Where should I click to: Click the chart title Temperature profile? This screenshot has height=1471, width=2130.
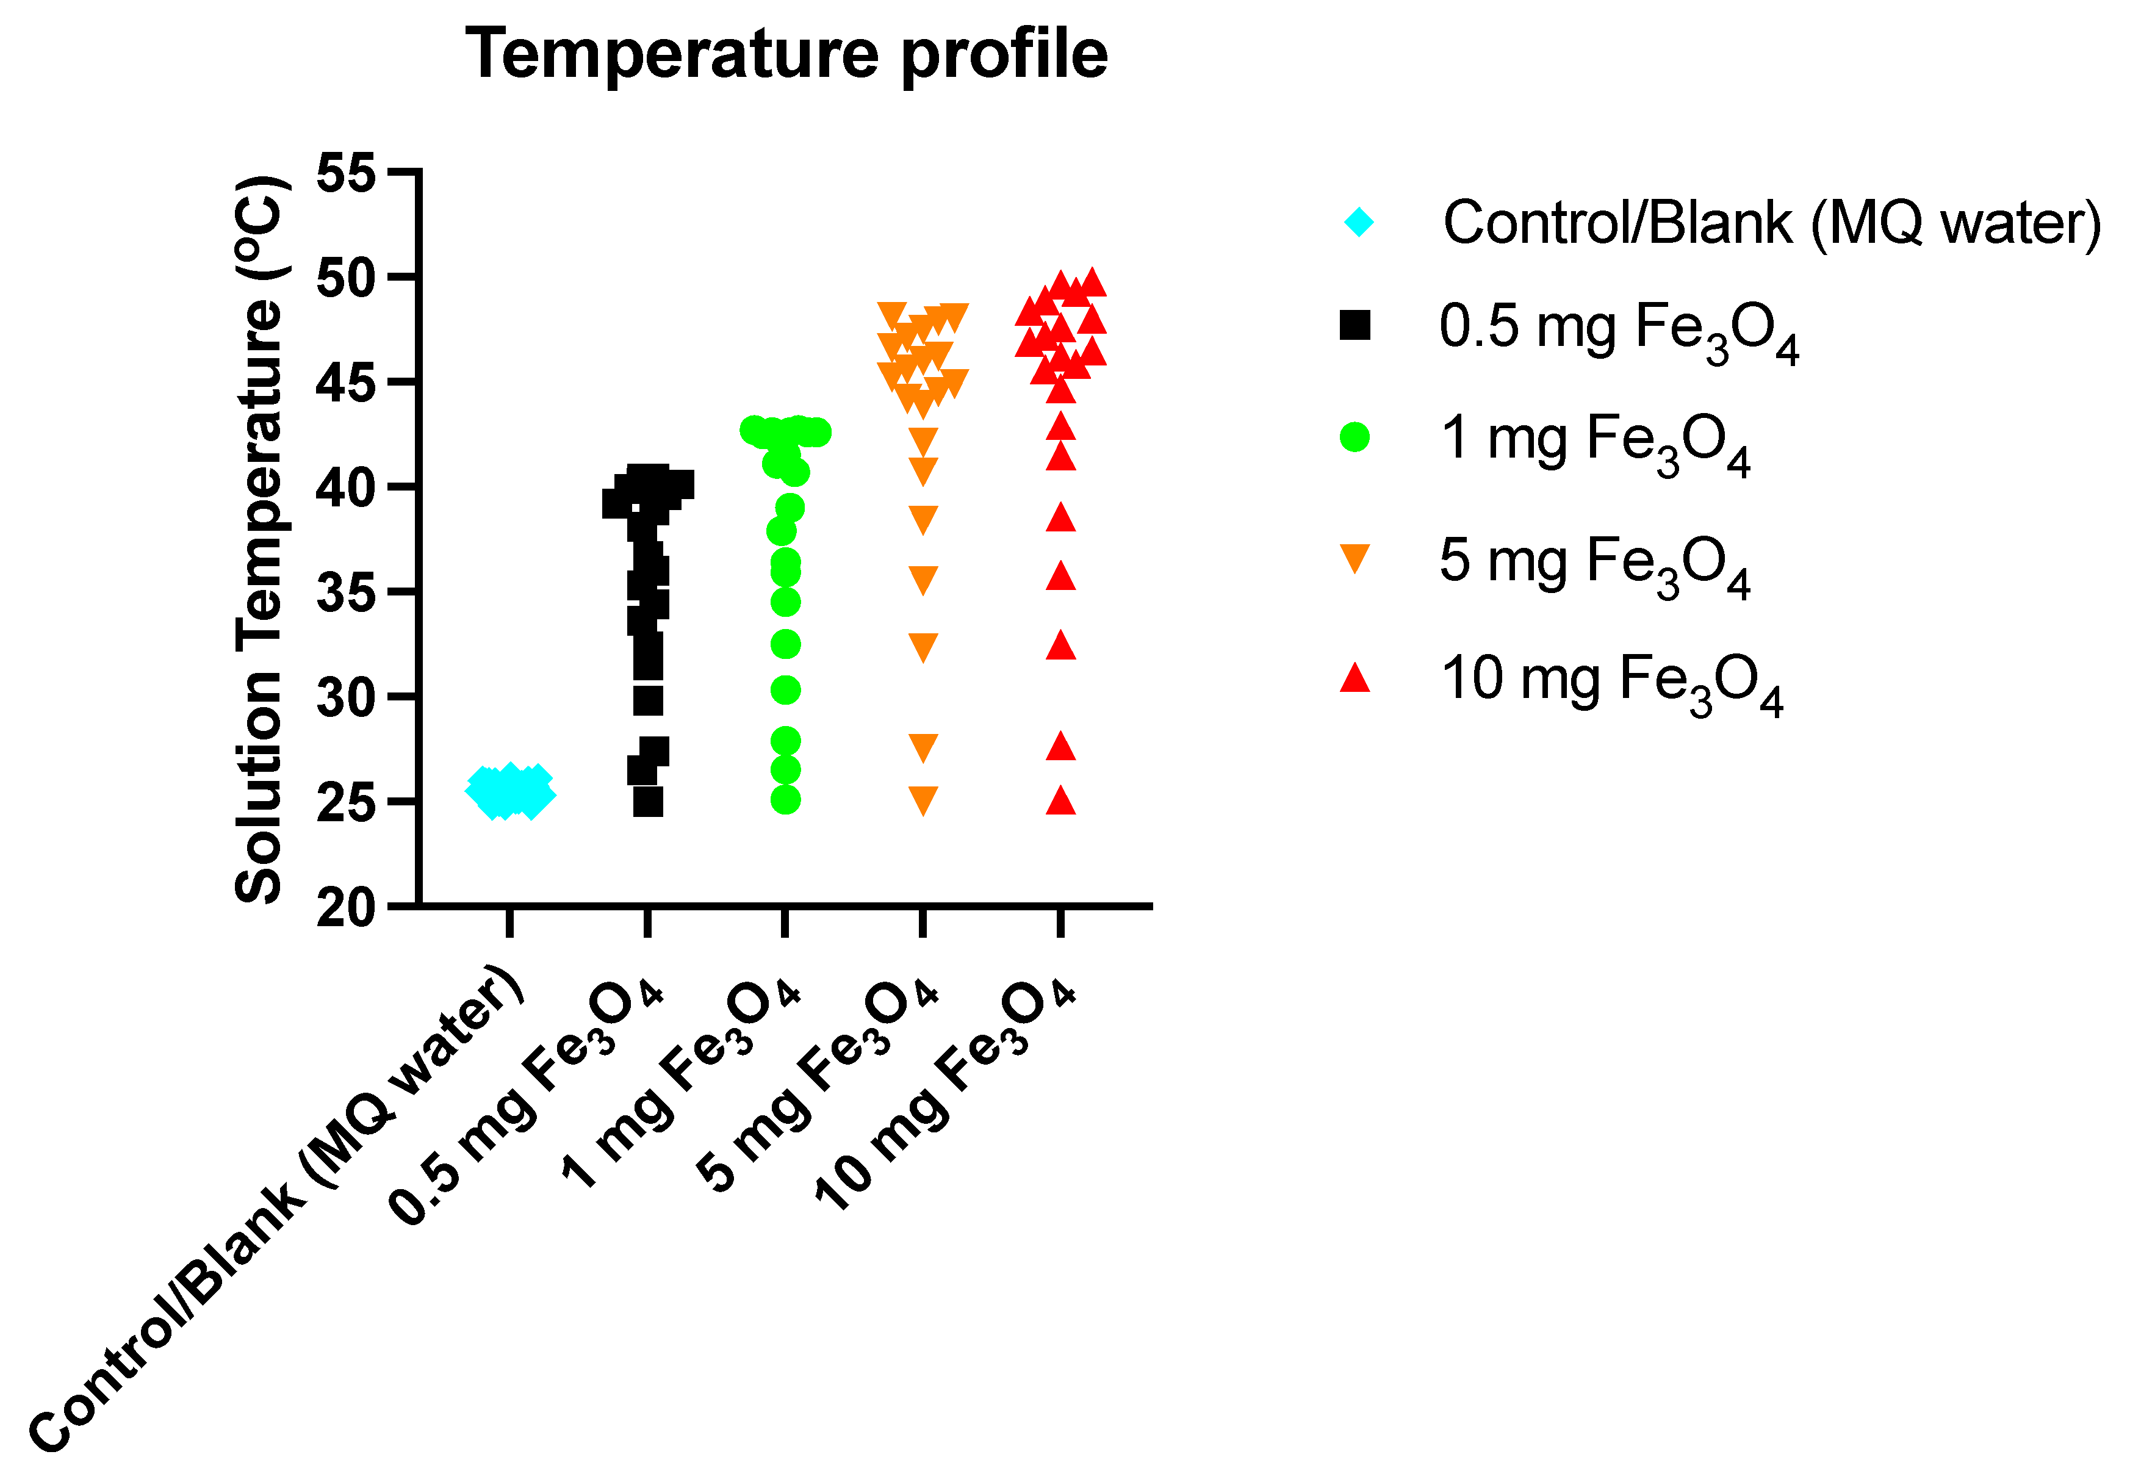point(786,54)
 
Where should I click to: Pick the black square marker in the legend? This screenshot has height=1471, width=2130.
point(1355,325)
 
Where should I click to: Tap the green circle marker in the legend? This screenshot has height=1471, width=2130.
point(1355,437)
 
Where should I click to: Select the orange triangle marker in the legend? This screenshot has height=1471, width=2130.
point(1355,558)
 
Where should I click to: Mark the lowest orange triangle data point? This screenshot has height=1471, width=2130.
point(923,799)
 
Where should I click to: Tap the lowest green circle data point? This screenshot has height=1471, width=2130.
point(785,800)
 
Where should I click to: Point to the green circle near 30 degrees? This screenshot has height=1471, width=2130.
point(785,689)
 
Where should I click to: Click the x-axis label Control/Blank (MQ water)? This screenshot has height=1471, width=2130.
point(276,1207)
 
